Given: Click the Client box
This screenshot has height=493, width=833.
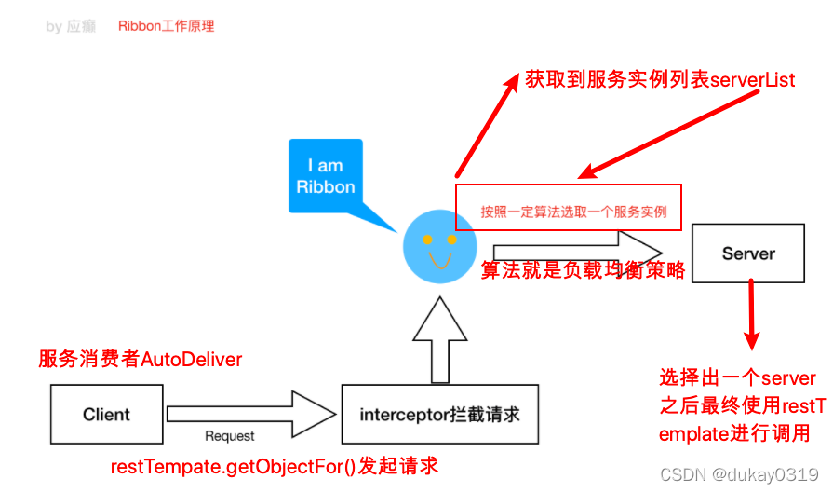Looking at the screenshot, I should (x=106, y=415).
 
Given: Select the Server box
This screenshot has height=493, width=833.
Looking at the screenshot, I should (x=748, y=253).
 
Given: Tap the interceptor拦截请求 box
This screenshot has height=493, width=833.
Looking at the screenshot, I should (x=440, y=415).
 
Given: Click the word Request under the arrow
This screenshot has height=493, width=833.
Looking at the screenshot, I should (x=229, y=436).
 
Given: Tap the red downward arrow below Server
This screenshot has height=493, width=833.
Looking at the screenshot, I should (x=752, y=318).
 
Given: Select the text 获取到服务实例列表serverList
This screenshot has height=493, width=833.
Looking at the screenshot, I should (x=660, y=80).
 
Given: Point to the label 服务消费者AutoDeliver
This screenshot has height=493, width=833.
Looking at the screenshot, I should (x=140, y=360).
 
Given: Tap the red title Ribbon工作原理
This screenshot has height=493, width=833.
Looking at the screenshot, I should (x=166, y=26).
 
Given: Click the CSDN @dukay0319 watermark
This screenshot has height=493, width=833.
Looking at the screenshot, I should (x=739, y=474).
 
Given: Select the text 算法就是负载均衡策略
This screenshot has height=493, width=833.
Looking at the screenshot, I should (x=583, y=270).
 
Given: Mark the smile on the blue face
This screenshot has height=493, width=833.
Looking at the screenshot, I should (x=439, y=257).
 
